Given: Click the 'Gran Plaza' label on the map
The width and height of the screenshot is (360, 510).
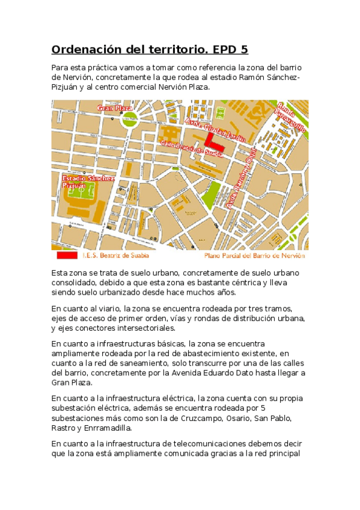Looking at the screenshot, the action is coord(115,108).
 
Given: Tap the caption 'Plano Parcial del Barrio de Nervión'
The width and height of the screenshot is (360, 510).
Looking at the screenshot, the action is coord(255,256).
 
